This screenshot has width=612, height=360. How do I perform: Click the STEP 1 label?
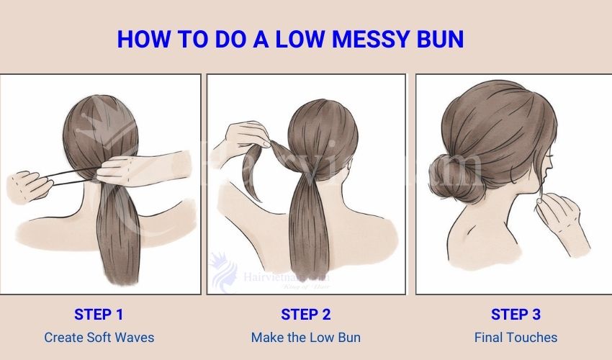point(99,314)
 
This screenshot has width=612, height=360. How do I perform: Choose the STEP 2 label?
point(305,314)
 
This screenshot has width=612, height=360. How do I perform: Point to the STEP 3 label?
point(516,314)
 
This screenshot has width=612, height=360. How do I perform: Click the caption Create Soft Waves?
point(99,337)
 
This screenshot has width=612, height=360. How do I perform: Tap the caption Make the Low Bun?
point(305,337)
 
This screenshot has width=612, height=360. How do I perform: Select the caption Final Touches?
point(516,337)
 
